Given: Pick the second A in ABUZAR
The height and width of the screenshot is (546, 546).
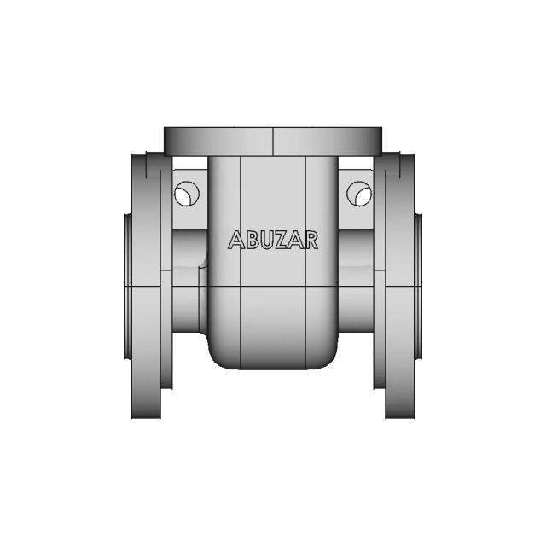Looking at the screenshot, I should pos(297,241).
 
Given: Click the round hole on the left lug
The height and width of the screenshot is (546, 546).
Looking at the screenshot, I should pos(185,194).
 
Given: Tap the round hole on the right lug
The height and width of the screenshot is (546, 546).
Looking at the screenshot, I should pos(359,194).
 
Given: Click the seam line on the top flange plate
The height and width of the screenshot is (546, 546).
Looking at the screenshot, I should pos(272,142).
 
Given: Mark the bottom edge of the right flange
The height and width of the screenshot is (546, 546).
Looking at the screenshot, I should pos(400,417).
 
